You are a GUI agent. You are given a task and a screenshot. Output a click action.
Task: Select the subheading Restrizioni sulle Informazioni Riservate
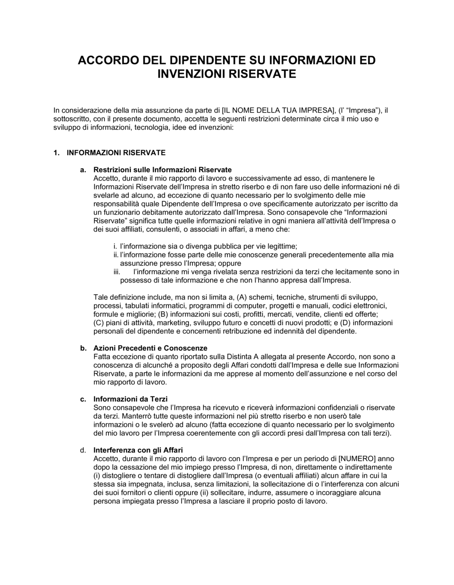pos(163,170)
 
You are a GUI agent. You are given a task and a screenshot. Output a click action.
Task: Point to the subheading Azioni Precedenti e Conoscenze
pos(150,348)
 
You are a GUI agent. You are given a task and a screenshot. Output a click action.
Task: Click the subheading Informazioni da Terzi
pos(130,399)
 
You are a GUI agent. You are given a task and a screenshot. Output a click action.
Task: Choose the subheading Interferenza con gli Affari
pos(138,450)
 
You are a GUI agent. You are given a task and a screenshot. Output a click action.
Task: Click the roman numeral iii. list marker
pos(117,272)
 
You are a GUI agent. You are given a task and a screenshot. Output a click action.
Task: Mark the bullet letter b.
pos(83,348)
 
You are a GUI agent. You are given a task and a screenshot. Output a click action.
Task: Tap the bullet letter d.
pos(83,450)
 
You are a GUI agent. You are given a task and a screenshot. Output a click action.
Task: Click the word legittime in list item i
pos(281,246)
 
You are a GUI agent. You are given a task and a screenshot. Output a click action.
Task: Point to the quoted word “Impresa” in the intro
pos(362,110)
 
